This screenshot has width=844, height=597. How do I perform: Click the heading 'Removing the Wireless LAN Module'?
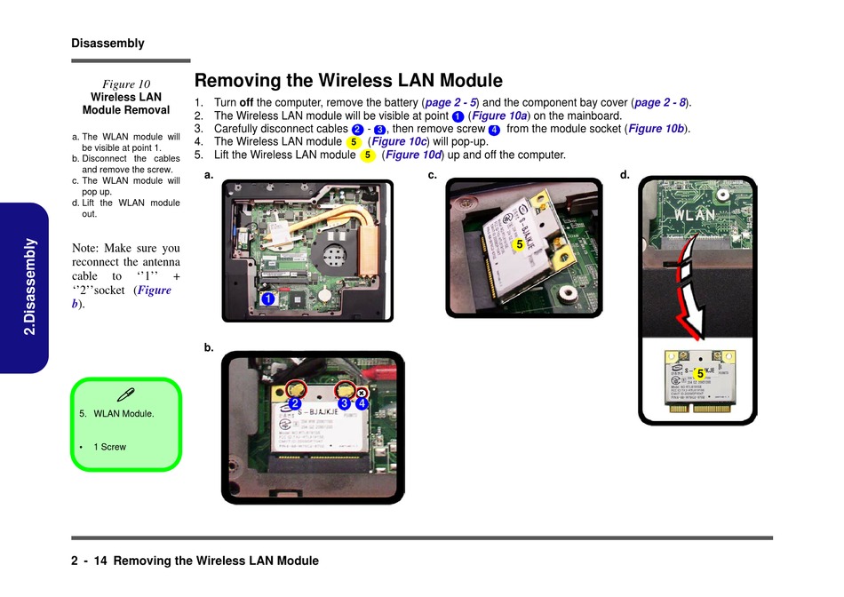pyautogui.click(x=348, y=81)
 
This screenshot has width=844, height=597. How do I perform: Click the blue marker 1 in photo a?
pyautogui.click(x=267, y=299)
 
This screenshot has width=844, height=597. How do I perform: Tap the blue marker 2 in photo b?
pyautogui.click(x=294, y=403)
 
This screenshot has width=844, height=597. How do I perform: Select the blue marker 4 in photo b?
pyautogui.click(x=362, y=403)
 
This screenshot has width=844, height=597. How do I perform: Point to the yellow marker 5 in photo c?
pyautogui.click(x=519, y=244)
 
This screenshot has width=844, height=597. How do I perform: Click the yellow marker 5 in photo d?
pyautogui.click(x=700, y=374)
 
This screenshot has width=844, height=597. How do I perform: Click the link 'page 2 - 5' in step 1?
pyautogui.click(x=451, y=102)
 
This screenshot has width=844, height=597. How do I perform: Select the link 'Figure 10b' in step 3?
pyautogui.click(x=657, y=129)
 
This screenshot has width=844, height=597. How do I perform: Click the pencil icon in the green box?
pyautogui.click(x=125, y=394)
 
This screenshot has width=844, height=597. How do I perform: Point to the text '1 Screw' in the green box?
pyautogui.click(x=109, y=447)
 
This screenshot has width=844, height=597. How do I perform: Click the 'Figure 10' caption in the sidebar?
pyautogui.click(x=125, y=84)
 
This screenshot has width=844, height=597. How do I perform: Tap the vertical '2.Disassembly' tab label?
pyautogui.click(x=29, y=286)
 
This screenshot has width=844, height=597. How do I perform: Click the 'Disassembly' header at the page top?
pyautogui.click(x=107, y=43)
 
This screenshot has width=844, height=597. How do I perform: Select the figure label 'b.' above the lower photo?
pyautogui.click(x=209, y=348)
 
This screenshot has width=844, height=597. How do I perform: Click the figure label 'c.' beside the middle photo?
pyautogui.click(x=432, y=175)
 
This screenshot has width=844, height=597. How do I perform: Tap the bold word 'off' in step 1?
pyautogui.click(x=247, y=102)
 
